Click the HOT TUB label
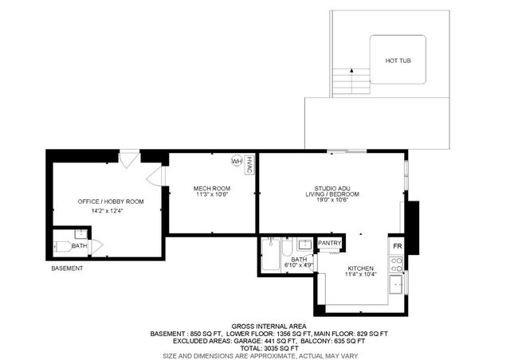pos(398,61)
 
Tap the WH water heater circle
pos(236,161)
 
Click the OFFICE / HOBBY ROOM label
pos(111,202)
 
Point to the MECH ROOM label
pos(212,189)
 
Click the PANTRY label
pos(330,243)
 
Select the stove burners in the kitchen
pos(396,264)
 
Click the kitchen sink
pos(396,284)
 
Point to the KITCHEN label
pos(360,268)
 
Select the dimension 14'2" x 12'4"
pos(111,211)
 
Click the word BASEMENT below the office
pos(67,268)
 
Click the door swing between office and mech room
pos(156,176)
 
